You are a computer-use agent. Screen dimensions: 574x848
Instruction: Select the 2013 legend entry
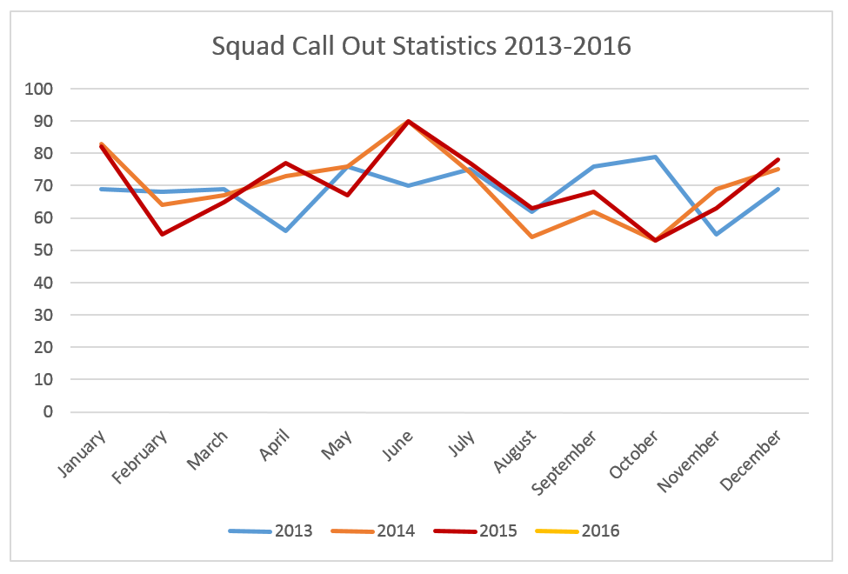pyautogui.click(x=270, y=531)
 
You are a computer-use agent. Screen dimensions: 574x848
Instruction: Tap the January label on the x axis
pyautogui.click(x=83, y=452)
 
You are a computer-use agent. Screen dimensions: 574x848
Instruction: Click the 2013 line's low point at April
pyautogui.click(x=285, y=230)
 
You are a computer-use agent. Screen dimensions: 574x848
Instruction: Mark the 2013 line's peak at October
pyautogui.click(x=655, y=157)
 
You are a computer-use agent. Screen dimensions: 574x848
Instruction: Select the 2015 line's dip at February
pyautogui.click(x=163, y=234)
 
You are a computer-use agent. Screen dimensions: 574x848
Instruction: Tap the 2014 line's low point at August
pyautogui.click(x=532, y=237)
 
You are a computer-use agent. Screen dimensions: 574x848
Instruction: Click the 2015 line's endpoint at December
pyautogui.click(x=778, y=160)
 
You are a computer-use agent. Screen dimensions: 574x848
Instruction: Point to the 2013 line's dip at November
pyautogui.click(x=717, y=234)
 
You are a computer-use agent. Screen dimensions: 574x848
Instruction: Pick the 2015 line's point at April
pyautogui.click(x=285, y=163)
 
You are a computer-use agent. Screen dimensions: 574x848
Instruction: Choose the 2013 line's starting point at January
pyautogui.click(x=101, y=189)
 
